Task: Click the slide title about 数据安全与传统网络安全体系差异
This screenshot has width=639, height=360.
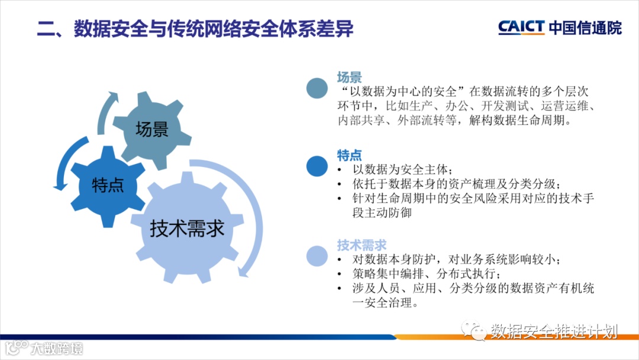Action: [195, 28]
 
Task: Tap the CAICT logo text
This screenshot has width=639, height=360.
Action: [521, 27]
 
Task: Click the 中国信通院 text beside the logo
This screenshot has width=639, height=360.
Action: [585, 28]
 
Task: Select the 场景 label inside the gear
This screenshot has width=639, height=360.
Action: [152, 129]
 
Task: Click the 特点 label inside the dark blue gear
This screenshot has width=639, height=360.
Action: [108, 185]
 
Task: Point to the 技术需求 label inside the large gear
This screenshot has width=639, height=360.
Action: [187, 228]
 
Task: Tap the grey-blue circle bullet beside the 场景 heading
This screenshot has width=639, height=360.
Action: [317, 88]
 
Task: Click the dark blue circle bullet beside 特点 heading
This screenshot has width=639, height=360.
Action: [317, 166]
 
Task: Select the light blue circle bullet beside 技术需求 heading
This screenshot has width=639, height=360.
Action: [317, 256]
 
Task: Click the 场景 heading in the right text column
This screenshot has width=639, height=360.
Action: [349, 77]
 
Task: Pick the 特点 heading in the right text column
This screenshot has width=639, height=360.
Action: [349, 155]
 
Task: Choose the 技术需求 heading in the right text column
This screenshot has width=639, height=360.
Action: [362, 245]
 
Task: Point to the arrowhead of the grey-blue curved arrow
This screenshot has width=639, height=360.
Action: [112, 96]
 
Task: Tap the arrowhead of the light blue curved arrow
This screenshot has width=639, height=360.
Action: [243, 272]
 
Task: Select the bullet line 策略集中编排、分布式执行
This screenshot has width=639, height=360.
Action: [426, 274]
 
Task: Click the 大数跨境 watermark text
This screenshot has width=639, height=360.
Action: [56, 349]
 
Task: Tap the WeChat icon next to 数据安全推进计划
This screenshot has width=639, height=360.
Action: [474, 330]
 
